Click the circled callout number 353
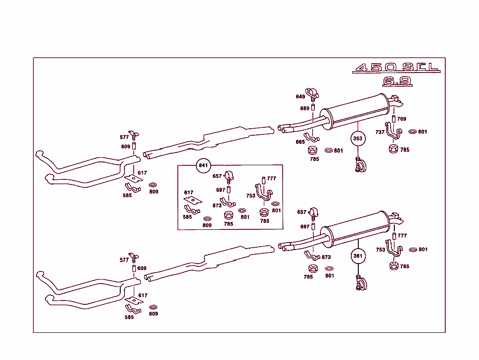[x=357, y=139]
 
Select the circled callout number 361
[x=357, y=256]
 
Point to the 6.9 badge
[x=397, y=81]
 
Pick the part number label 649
[x=300, y=97]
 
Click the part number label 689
[x=305, y=109]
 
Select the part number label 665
[x=300, y=142]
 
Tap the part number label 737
[x=380, y=132]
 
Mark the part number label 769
[x=402, y=119]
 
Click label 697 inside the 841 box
[x=221, y=190]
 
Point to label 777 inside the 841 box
[x=272, y=179]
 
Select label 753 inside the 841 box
[x=251, y=196]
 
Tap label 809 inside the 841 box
[x=207, y=225]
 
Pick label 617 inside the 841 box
[x=189, y=192]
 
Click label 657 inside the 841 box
[x=218, y=176]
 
